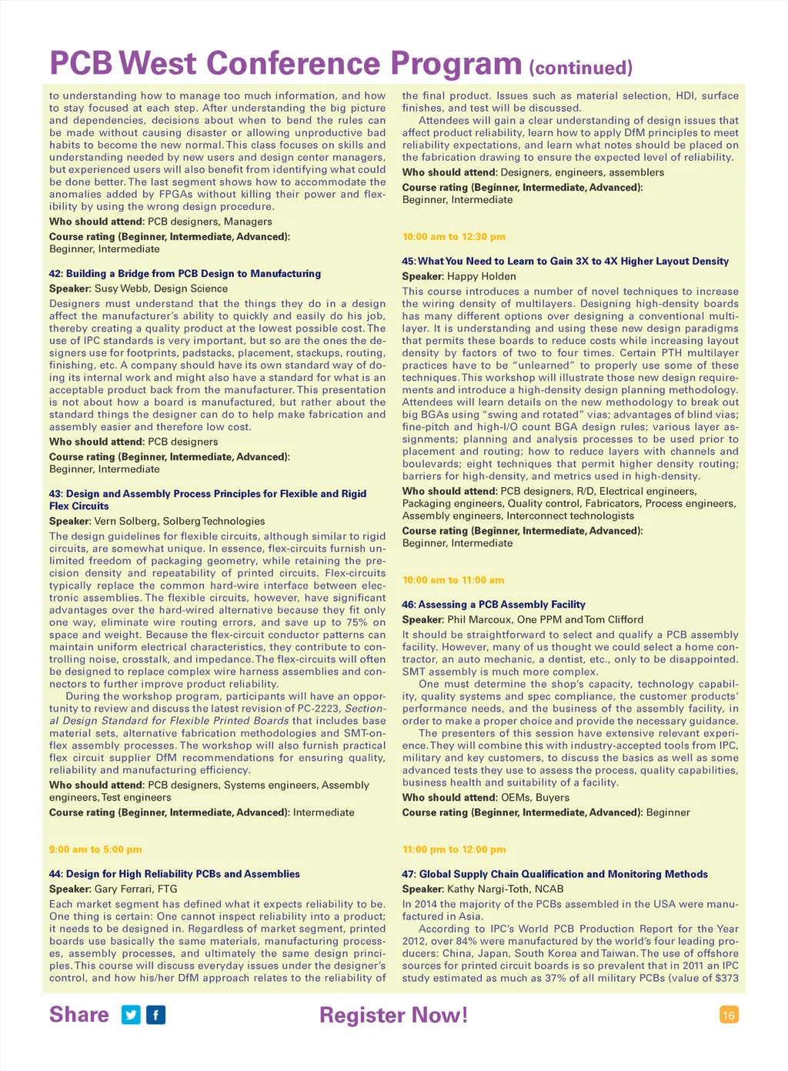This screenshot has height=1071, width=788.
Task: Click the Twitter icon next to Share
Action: point(132,1015)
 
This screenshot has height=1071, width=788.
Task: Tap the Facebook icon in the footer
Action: point(156,1015)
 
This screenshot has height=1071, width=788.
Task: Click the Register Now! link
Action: point(393,1015)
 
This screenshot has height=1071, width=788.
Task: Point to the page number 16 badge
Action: point(729,1015)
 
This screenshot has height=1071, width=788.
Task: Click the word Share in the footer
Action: point(79,1015)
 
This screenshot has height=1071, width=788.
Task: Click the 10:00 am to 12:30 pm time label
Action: point(454,237)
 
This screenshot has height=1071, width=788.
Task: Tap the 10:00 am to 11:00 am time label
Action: point(453,580)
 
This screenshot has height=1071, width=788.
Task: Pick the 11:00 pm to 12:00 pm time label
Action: point(454,849)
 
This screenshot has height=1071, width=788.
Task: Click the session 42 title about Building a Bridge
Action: point(185,274)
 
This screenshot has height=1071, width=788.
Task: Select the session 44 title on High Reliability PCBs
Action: point(175,874)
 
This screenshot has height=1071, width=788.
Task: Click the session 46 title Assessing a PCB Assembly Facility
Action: point(493,605)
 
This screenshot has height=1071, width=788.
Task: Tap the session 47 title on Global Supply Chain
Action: point(555,874)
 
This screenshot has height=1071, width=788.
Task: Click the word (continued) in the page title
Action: point(581,68)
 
